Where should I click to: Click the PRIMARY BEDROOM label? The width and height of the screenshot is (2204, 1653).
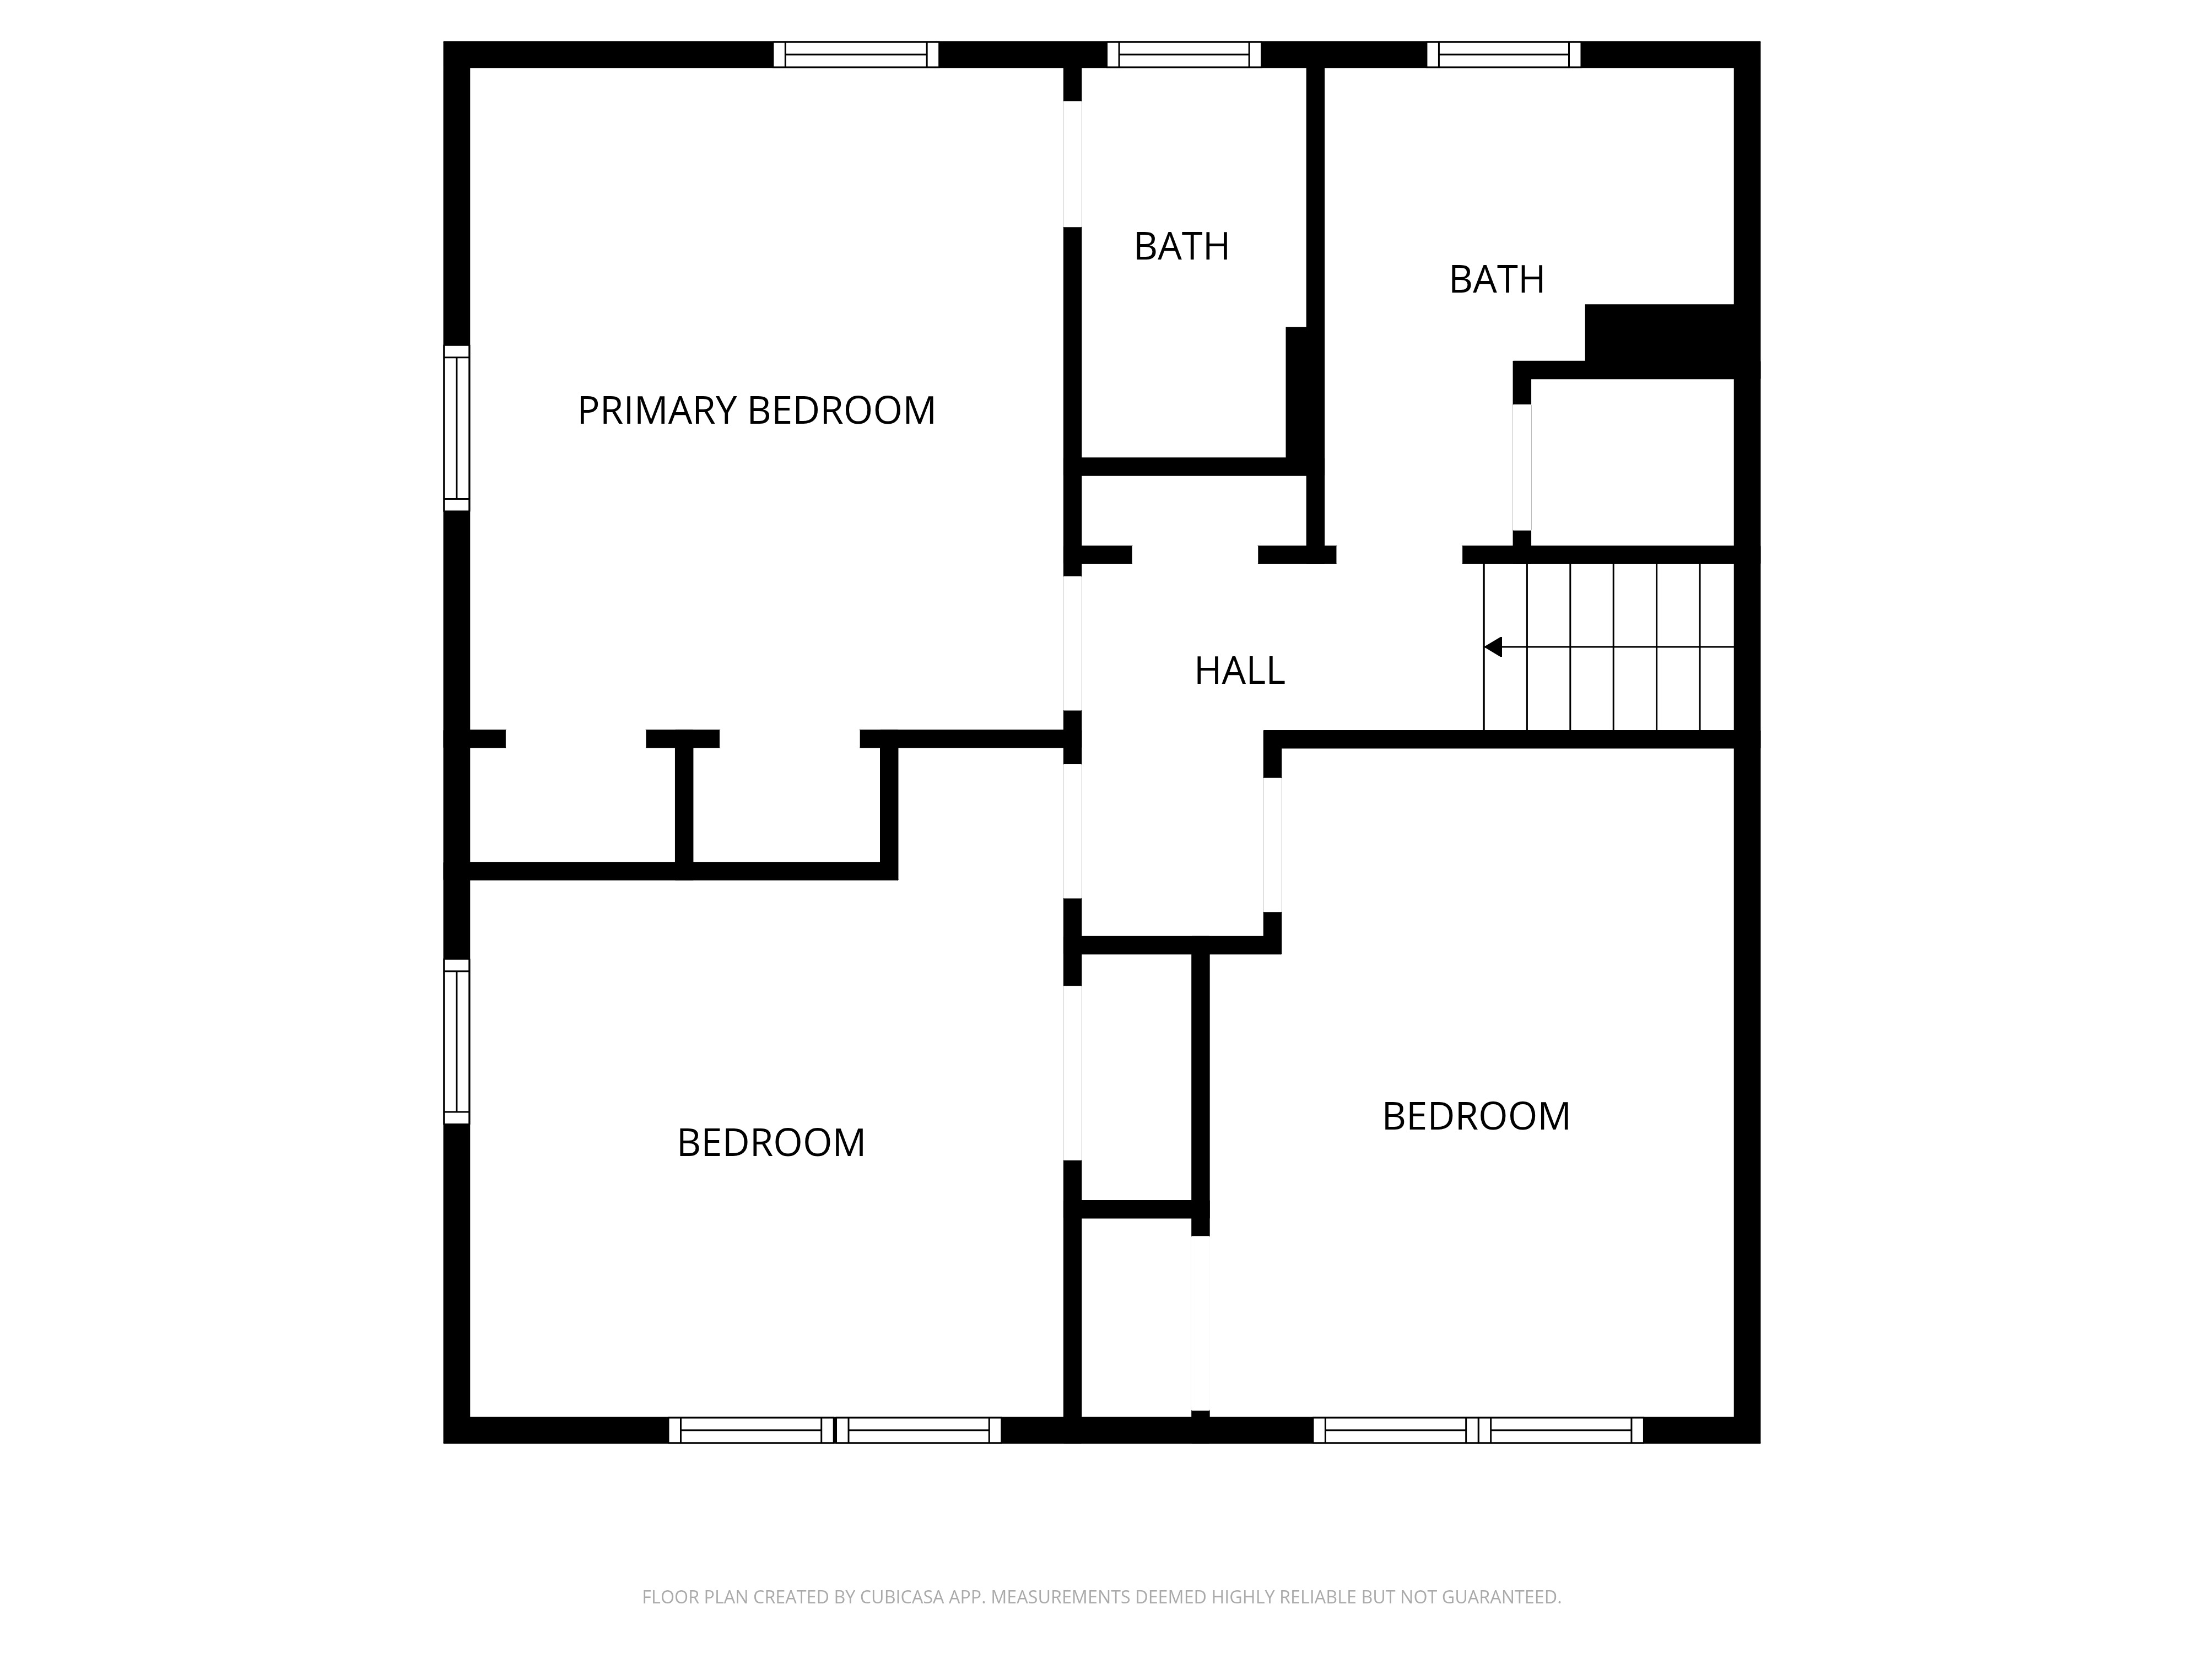click(x=757, y=410)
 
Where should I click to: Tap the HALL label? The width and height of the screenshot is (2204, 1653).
click(x=1240, y=672)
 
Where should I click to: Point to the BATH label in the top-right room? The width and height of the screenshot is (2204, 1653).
click(x=1497, y=280)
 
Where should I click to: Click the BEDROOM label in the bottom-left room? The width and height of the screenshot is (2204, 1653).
click(x=770, y=1143)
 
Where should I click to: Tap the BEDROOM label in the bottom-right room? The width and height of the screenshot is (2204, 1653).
click(x=1476, y=1117)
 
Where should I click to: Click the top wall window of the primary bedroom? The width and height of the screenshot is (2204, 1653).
click(x=856, y=55)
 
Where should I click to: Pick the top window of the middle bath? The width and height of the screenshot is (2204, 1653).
click(x=1184, y=55)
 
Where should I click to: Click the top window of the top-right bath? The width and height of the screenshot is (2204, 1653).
click(x=1504, y=55)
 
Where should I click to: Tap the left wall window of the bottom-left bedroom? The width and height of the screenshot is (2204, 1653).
click(x=456, y=1041)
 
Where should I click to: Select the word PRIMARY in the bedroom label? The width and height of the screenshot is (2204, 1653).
click(x=657, y=410)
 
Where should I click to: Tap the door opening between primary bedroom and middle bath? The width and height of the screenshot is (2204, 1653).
click(x=1072, y=164)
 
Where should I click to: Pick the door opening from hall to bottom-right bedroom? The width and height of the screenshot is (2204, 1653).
click(x=1272, y=845)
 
